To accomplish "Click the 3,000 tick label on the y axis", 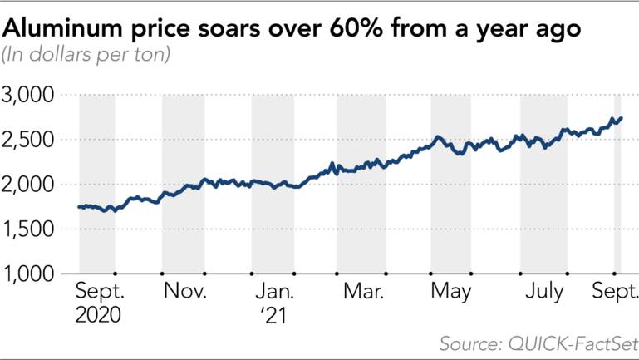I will coord(29,96).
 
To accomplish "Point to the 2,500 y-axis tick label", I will coord(29,140).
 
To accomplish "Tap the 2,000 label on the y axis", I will coord(29,185).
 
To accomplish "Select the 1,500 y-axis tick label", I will coord(29,229).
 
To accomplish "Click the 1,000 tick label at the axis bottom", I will coord(29,273).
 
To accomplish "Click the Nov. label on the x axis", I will coord(184,292).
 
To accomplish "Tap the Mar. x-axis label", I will coord(362,292).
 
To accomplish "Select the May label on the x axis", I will coord(450,292).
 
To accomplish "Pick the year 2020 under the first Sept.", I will coord(98,315).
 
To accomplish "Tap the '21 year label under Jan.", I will coord(272,315).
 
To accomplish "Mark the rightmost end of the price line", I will coord(622,118).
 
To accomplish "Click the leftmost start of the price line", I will coord(79,207).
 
